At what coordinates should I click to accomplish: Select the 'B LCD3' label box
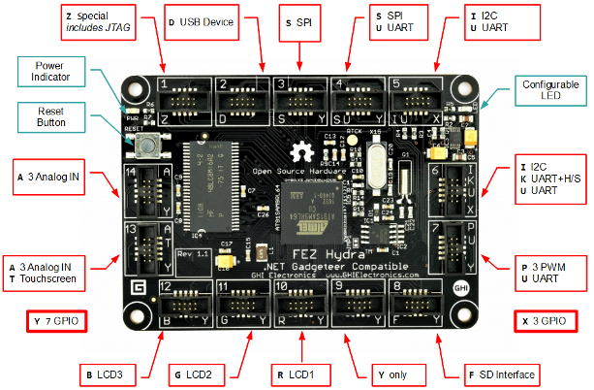pyautogui.click(x=113, y=374)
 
